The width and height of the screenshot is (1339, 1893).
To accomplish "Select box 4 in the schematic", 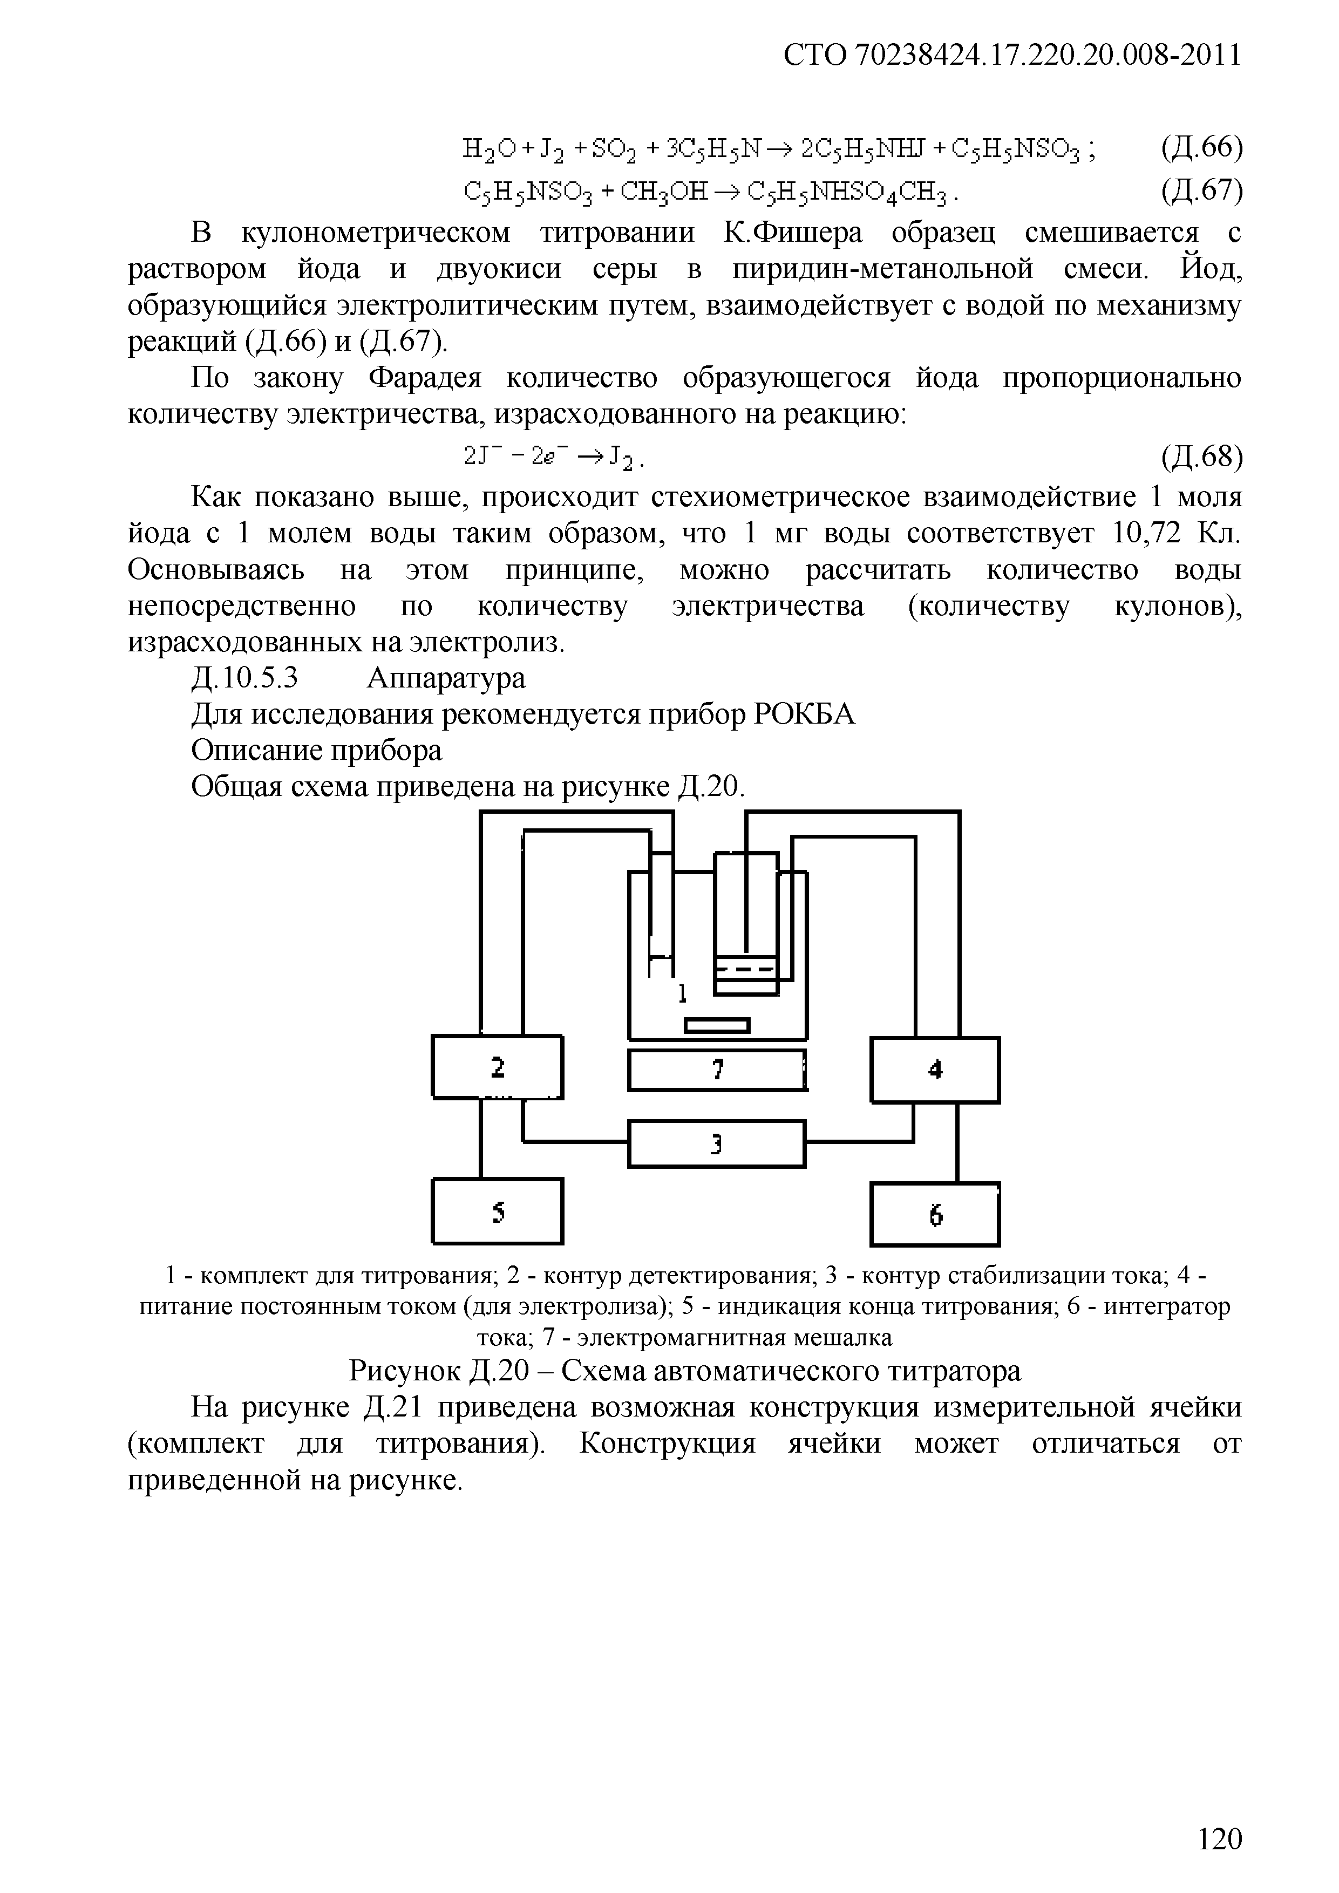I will coord(935,1070).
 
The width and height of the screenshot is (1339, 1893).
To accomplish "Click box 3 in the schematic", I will coord(717,1143).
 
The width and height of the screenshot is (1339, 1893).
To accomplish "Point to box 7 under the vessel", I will coord(717,1070).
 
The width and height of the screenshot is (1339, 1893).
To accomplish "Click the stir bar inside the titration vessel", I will coord(717,1025).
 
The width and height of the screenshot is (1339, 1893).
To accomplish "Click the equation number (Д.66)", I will coord(1200,148).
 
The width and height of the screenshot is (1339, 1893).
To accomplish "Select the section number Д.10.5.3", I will coord(244,678).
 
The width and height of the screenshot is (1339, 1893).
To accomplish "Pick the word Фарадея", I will coord(424,378).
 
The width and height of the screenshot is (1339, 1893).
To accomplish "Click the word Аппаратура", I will coord(446,678).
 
